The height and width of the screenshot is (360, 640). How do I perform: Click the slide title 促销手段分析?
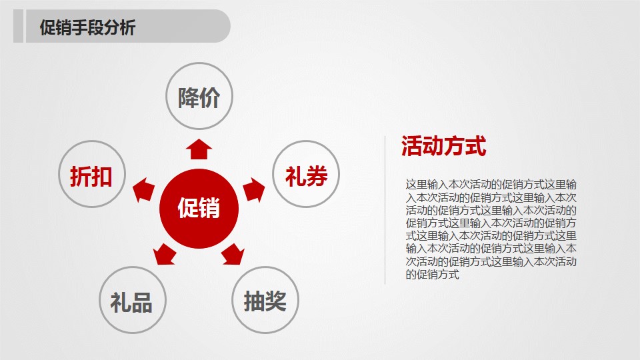pos(87,28)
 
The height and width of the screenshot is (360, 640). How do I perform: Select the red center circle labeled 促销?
pos(199,208)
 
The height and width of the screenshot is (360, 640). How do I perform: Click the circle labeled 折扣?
pos(92,176)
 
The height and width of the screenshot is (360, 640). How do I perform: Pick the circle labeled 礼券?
pos(306,175)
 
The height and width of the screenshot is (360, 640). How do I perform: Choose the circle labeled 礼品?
pos(131,301)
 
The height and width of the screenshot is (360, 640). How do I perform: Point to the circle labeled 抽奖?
pos(265,301)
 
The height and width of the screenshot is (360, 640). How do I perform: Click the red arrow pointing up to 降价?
pos(198,149)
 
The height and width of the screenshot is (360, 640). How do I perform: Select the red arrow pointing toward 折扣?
pos(142,191)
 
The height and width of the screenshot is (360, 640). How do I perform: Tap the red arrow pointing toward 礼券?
pos(253,191)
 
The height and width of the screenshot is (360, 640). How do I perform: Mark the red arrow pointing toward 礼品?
pos(163,254)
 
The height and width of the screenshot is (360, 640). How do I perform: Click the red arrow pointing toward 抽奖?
pos(233,254)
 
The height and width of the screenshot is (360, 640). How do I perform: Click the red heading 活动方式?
pos(443,147)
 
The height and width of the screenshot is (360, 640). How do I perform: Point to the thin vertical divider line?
pos(385,210)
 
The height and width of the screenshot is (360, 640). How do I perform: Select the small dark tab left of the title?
pos(19,27)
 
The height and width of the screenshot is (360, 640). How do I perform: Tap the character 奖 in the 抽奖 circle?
pos(275,301)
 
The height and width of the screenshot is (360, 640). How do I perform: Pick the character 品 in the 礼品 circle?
pos(142,302)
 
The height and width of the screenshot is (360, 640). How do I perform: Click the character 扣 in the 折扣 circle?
pos(101,177)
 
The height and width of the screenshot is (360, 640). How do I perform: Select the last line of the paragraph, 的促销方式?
pos(433,274)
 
